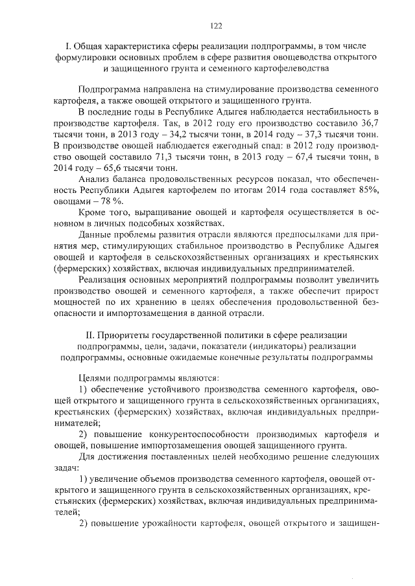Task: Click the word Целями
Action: click(95, 377)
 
